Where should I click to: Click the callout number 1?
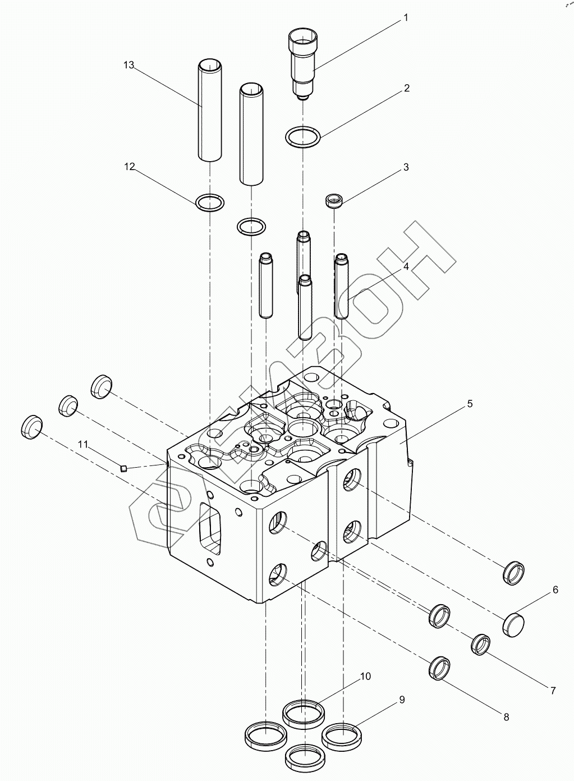pyautogui.click(x=405, y=18)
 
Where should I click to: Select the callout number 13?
pyautogui.click(x=129, y=65)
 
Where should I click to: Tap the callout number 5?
pyautogui.click(x=470, y=404)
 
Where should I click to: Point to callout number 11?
pyautogui.click(x=83, y=445)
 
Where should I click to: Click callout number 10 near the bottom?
pyautogui.click(x=365, y=677)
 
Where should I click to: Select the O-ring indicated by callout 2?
pyautogui.click(x=303, y=136)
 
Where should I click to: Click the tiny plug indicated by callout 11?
pyautogui.click(x=125, y=467)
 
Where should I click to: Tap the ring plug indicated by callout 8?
pyautogui.click(x=439, y=668)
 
